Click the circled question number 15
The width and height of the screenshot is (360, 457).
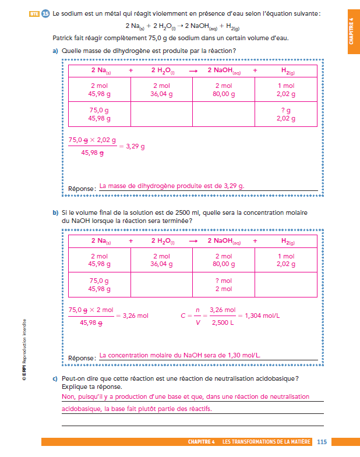[x=45, y=13]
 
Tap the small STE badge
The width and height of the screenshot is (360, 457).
[x=34, y=13]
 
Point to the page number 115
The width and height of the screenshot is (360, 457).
[x=322, y=442]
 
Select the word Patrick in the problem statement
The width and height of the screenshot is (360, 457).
[x=63, y=38]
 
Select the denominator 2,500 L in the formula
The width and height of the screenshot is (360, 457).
[x=222, y=323]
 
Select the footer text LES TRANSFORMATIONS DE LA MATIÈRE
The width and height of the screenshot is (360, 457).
[x=266, y=442]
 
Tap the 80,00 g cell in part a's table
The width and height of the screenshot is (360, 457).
[x=224, y=93]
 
